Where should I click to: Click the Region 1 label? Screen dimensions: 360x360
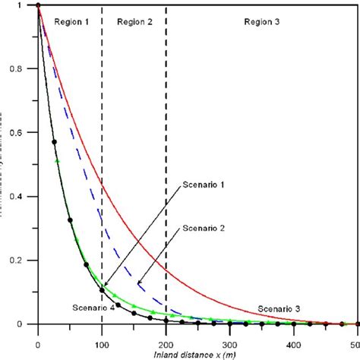click(x=71, y=22)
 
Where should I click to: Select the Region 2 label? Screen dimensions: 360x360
click(x=134, y=22)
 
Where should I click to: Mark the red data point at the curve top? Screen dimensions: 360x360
click(x=38, y=6)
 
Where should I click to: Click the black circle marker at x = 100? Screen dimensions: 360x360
click(x=102, y=290)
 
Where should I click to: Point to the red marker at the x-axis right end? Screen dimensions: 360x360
click(x=357, y=324)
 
